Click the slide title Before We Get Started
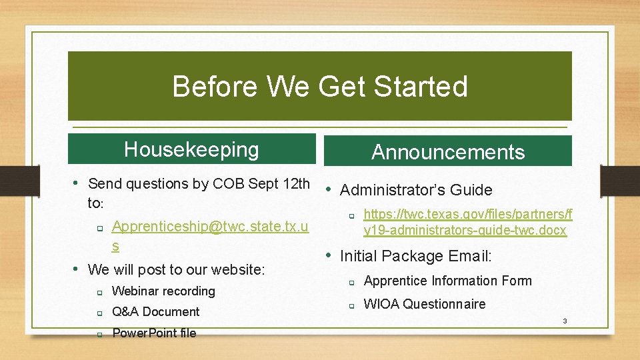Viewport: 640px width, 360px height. click(320, 87)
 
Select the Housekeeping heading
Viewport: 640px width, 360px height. click(191, 149)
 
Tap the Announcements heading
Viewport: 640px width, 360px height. click(448, 153)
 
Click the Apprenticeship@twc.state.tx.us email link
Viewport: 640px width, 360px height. click(210, 227)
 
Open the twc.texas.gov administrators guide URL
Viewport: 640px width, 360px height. click(467, 223)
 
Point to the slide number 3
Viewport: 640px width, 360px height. click(565, 321)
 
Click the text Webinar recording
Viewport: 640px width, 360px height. click(163, 291)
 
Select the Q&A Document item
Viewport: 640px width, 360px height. click(155, 312)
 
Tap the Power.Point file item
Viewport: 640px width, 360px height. click(154, 333)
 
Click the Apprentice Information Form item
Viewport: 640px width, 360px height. click(447, 281)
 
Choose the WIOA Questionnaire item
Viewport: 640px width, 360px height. click(424, 304)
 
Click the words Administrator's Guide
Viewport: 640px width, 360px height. click(416, 190)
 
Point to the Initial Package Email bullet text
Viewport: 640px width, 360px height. click(416, 256)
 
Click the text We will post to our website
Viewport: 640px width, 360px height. click(176, 270)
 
